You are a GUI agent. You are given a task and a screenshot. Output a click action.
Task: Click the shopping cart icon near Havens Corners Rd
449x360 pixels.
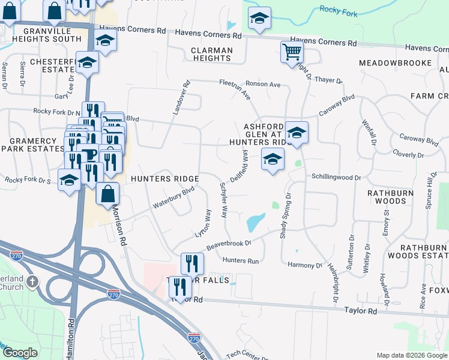(x=292, y=52)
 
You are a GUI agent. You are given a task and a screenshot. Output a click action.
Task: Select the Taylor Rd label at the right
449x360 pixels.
(x=360, y=311)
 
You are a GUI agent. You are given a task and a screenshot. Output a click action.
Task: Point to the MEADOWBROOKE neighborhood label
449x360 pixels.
(x=395, y=63)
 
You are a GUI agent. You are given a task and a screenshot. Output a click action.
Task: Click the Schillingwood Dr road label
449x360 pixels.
(x=336, y=178)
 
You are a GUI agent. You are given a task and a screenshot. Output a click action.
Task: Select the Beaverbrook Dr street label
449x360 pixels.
(x=228, y=245)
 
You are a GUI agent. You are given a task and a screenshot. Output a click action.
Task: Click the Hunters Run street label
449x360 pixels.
(x=240, y=261)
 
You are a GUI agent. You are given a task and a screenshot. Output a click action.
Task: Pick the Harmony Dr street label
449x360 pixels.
(x=305, y=265)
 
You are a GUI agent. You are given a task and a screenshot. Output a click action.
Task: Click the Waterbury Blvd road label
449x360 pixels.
(x=173, y=196)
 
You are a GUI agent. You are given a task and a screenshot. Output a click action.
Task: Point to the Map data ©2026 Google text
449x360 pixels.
(x=412, y=355)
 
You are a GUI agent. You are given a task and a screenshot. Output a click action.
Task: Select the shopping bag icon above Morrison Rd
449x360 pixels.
(x=107, y=194)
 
